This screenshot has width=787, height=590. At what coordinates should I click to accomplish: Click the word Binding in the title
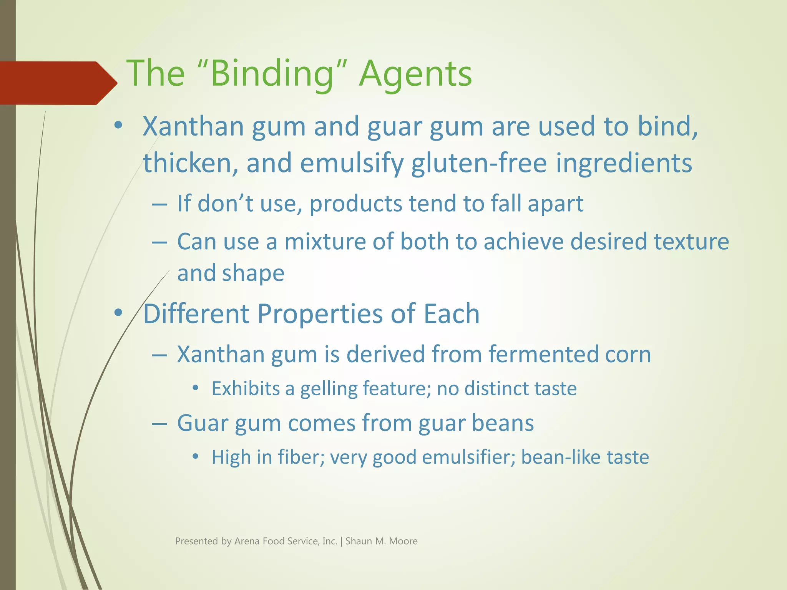tap(272, 74)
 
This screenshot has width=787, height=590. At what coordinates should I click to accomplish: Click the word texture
tap(691, 242)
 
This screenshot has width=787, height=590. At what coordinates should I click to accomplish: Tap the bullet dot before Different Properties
tap(118, 313)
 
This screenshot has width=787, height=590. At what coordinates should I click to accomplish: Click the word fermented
tap(543, 354)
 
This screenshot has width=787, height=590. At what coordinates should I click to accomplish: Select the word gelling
tap(329, 389)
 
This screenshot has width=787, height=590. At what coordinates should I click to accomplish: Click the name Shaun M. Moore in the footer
tap(381, 541)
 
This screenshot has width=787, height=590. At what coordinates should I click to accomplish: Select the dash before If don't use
tap(159, 204)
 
